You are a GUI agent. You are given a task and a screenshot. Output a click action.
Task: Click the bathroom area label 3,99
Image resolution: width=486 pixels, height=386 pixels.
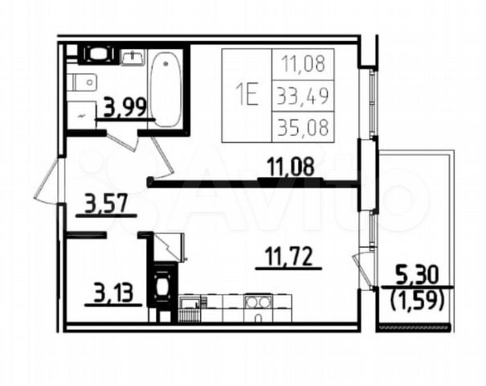point(125,107)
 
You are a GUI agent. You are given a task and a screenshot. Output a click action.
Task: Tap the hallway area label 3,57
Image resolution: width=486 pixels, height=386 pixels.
point(106,203)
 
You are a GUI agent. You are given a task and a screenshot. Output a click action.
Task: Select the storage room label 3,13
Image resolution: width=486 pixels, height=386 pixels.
point(113,294)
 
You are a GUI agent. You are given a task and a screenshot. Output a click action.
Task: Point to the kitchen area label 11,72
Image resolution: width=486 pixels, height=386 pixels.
point(288,256)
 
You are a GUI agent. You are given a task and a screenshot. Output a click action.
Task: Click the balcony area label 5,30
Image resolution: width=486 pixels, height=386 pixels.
point(417,276)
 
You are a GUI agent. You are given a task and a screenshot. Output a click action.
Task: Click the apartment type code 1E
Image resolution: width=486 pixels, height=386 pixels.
point(247,95)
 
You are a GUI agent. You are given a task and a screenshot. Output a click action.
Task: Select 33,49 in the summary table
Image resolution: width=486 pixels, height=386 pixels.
point(303,96)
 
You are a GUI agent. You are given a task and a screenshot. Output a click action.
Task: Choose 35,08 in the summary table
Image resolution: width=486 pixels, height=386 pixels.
point(303,128)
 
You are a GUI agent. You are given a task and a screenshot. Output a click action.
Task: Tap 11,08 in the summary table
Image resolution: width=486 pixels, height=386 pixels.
point(304,64)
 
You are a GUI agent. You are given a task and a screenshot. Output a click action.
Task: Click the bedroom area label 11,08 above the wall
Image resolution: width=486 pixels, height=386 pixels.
point(291,166)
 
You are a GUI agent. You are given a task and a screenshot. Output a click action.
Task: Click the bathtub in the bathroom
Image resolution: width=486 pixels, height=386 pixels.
point(165,89)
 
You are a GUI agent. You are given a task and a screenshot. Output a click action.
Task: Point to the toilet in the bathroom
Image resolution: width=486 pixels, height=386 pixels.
point(83,83)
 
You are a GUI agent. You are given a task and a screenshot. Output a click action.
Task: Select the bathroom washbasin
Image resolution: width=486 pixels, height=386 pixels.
point(133,58)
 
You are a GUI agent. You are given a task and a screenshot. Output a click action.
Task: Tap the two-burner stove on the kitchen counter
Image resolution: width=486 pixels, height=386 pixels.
point(258,302)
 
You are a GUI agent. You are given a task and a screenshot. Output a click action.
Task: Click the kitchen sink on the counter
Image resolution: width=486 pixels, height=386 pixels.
point(190,302)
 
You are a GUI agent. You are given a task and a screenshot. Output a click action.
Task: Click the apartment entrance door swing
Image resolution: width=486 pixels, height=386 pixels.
point(48,182)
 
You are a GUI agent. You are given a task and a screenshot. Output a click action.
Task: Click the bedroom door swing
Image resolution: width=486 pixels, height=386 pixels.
point(161,158)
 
